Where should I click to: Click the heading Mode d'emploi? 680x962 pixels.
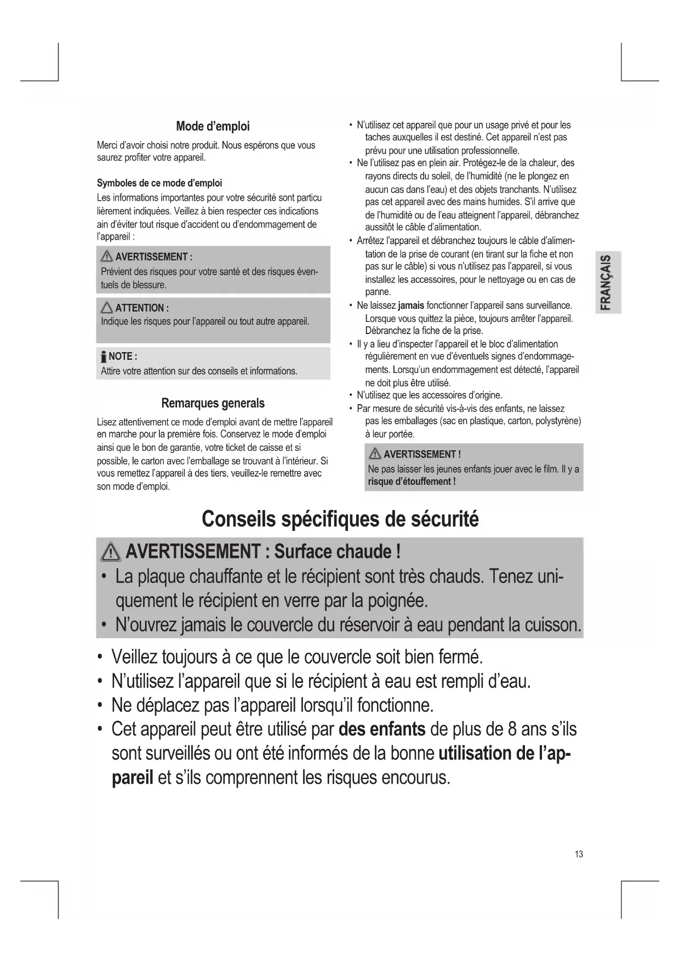pyautogui.click(x=213, y=127)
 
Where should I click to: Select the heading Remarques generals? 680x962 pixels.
pyautogui.click(x=213, y=404)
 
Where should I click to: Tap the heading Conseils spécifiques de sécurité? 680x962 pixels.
pyautogui.click(x=340, y=519)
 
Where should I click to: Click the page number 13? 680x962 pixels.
pyautogui.click(x=579, y=854)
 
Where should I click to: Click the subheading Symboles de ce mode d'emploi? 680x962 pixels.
pyautogui.click(x=159, y=183)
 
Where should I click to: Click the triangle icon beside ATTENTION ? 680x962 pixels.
pyautogui.click(x=107, y=308)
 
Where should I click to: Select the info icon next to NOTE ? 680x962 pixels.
pyautogui.click(x=103, y=357)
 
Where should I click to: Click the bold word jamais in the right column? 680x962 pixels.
pyautogui.click(x=411, y=305)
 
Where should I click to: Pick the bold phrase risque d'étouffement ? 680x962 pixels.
pyautogui.click(x=412, y=482)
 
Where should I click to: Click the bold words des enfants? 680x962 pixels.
pyautogui.click(x=382, y=729)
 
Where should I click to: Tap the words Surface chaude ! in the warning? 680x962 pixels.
pyautogui.click(x=337, y=551)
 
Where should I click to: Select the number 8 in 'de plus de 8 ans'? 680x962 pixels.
pyautogui.click(x=512, y=729)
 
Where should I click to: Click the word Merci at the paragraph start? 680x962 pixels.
pyautogui.click(x=108, y=145)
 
